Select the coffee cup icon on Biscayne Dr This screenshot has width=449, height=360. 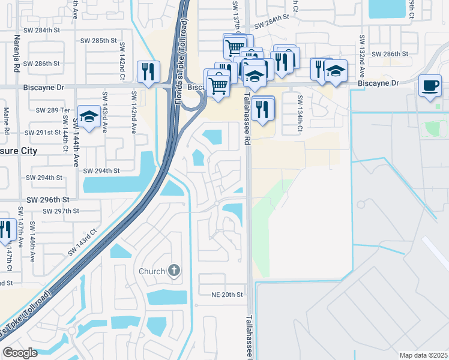430,85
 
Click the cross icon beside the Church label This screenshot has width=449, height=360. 174,271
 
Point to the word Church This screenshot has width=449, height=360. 152,271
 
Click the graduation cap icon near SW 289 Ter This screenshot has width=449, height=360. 89,118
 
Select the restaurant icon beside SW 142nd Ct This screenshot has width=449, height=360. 147,71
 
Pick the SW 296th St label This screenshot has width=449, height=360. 49,199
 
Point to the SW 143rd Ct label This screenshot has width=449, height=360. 83,241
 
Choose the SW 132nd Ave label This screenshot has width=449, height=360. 362,57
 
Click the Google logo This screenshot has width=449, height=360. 19,353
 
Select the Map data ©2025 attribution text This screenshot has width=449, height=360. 423,355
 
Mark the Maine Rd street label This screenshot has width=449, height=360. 6,120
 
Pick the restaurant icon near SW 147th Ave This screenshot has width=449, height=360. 6,230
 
